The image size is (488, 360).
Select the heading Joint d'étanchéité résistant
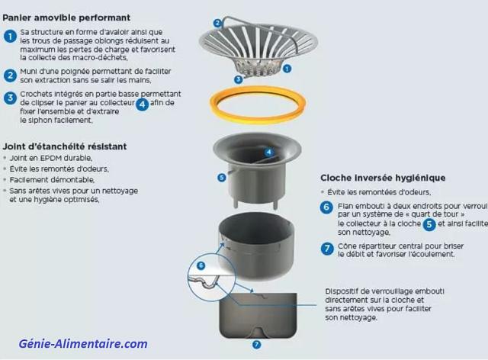point(64,146)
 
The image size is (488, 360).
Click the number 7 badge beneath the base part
point(256,345)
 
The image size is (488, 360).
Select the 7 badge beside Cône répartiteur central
point(326,248)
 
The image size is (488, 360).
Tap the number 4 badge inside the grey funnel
point(268,152)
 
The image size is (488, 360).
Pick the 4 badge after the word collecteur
point(142,104)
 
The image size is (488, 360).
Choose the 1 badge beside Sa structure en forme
point(10,36)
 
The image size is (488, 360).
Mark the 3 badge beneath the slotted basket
point(238,79)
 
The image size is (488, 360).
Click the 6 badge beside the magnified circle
point(201,265)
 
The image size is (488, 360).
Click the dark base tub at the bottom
point(255,313)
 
